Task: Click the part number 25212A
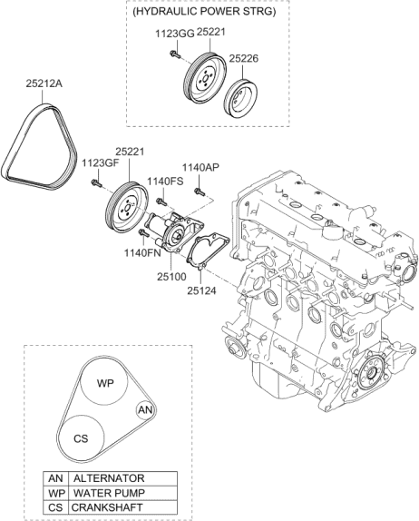tap(44, 84)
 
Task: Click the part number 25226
tap(245, 58)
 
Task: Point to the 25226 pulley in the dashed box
tap(242, 97)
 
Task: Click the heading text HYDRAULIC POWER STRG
tap(209, 13)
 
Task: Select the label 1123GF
tap(99, 163)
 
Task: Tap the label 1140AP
tap(200, 167)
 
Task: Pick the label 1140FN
tap(143, 254)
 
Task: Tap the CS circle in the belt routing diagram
tap(81, 436)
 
